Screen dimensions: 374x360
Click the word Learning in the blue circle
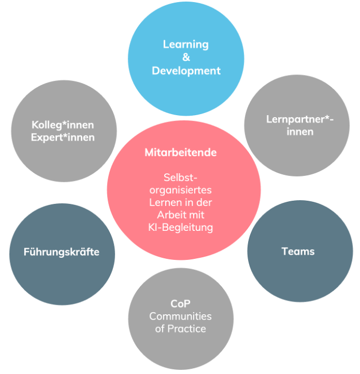pos(186,44)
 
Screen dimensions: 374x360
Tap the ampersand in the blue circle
pos(186,58)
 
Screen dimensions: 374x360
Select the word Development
pos(186,70)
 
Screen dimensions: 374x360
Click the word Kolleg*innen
pos(63,125)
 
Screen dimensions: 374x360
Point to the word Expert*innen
pos(63,137)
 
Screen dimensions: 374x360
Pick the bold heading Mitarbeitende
pos(181,152)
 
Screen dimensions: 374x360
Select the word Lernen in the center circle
pos(166,203)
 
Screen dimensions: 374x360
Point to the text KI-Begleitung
pos(181,228)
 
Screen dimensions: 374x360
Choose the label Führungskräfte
pos(61,252)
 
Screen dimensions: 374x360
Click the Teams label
pos(298,251)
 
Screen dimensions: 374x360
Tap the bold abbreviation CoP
pos(180,304)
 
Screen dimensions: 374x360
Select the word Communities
pos(180,316)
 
